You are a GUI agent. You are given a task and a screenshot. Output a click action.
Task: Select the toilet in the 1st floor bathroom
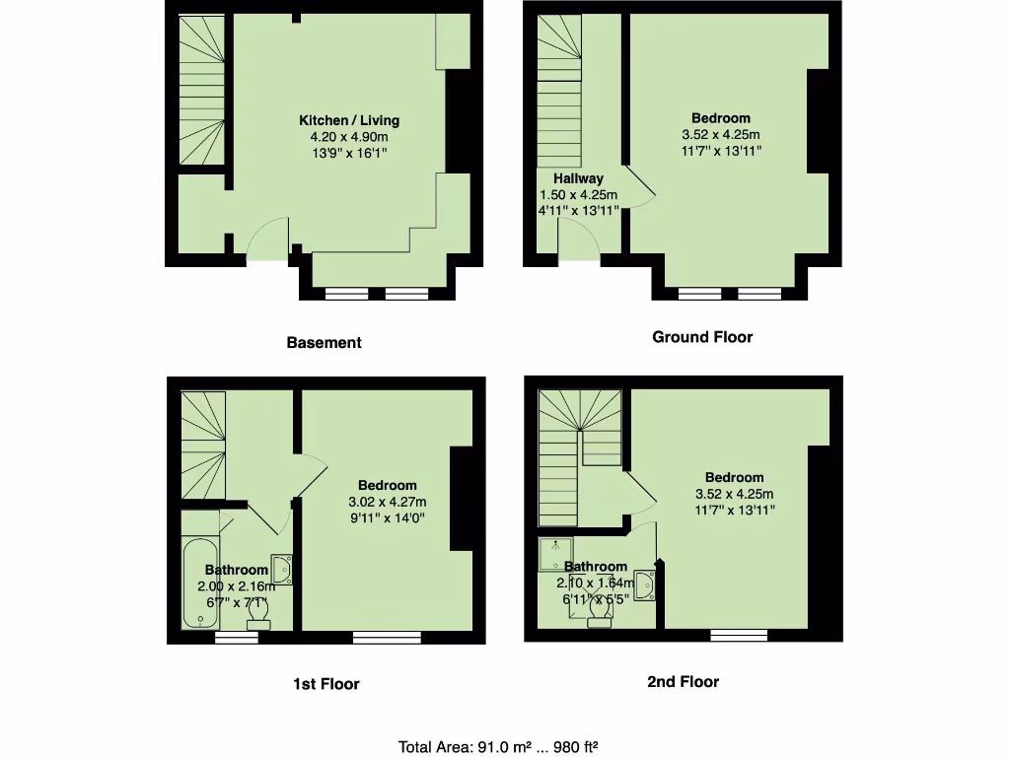point(259,614)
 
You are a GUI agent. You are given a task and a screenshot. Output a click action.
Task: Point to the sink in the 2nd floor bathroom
point(645,585)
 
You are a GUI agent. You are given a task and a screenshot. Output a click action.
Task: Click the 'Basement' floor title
point(324,343)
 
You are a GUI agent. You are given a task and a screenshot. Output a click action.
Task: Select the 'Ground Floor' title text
point(702,337)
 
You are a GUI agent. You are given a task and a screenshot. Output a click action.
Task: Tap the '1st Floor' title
point(325,683)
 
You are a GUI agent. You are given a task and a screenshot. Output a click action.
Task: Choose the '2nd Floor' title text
point(683,681)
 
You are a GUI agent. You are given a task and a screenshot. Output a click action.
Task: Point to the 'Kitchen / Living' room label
point(349,120)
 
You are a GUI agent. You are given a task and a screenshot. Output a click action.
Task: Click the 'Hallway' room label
point(578,178)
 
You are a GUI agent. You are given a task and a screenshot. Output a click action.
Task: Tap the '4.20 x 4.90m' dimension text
point(349,137)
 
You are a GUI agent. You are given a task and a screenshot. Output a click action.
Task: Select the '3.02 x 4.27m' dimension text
point(387,502)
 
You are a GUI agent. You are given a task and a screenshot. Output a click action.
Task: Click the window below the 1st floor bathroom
point(237,638)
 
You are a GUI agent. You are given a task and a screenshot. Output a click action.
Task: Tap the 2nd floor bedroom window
point(739,636)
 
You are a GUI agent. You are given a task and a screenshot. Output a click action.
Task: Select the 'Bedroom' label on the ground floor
point(720,118)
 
